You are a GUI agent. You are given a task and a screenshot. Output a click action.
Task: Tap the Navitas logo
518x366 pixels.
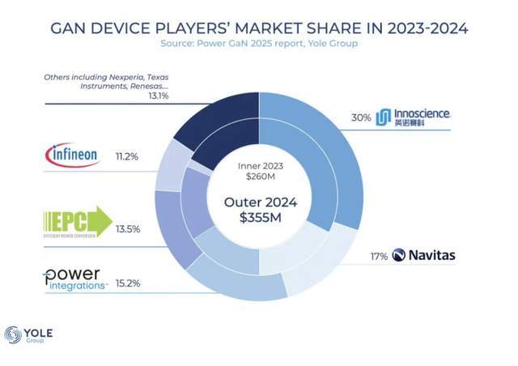423,256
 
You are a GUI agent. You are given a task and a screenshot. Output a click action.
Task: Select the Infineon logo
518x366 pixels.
72,154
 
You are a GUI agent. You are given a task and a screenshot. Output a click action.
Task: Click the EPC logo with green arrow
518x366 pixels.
78,223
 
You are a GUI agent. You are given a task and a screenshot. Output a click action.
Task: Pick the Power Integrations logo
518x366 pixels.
75,279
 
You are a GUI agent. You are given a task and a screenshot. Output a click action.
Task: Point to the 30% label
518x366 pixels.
361,117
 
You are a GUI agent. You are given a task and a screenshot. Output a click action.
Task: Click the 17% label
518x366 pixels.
378,256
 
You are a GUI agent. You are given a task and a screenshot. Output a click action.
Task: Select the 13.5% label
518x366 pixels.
128,229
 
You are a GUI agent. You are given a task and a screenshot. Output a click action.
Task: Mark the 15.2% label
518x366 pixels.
128,283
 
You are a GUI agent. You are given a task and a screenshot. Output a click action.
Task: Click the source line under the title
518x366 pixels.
259,44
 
